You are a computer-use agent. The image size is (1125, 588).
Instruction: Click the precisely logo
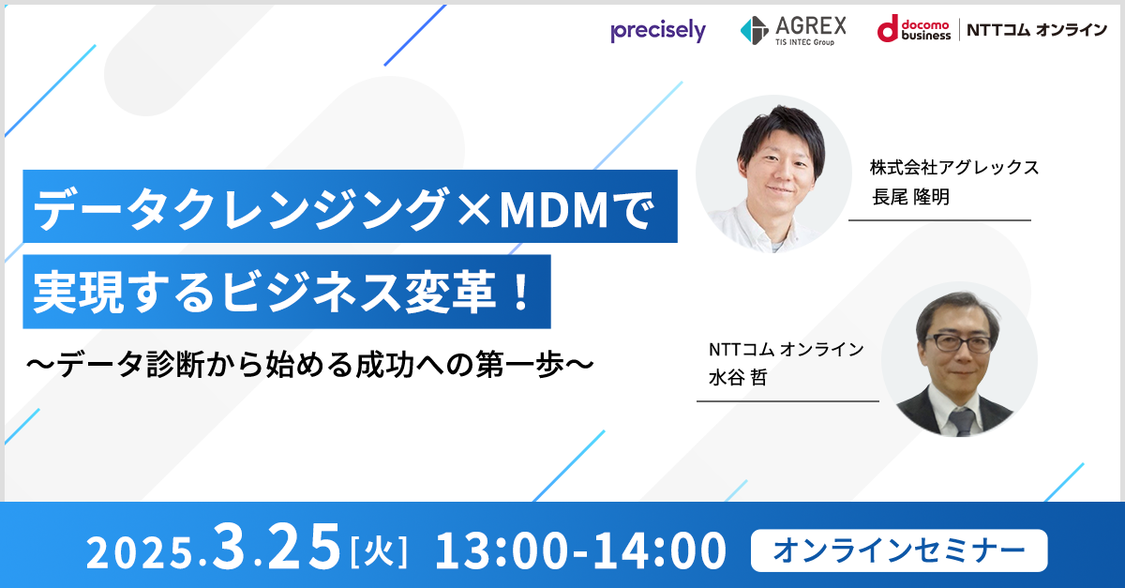[x=658, y=31]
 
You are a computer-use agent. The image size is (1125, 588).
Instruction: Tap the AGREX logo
[x=793, y=31]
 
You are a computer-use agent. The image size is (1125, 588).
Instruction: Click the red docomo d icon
[x=888, y=29]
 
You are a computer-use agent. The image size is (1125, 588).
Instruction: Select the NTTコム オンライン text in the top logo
[x=1037, y=30]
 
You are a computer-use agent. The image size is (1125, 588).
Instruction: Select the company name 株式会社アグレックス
[x=954, y=167]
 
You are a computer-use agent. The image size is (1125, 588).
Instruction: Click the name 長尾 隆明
[x=910, y=197]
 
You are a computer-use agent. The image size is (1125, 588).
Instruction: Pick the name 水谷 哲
[x=738, y=377]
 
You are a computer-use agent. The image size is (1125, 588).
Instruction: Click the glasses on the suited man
[x=957, y=343]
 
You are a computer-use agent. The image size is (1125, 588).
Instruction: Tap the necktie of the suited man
[x=962, y=421]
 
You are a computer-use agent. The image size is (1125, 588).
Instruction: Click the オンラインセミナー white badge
[x=899, y=550]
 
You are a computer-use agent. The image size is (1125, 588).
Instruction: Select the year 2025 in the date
[x=141, y=552]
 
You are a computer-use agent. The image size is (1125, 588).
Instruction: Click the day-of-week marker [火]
[x=379, y=552]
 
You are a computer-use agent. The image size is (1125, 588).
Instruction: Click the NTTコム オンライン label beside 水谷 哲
[x=786, y=349]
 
